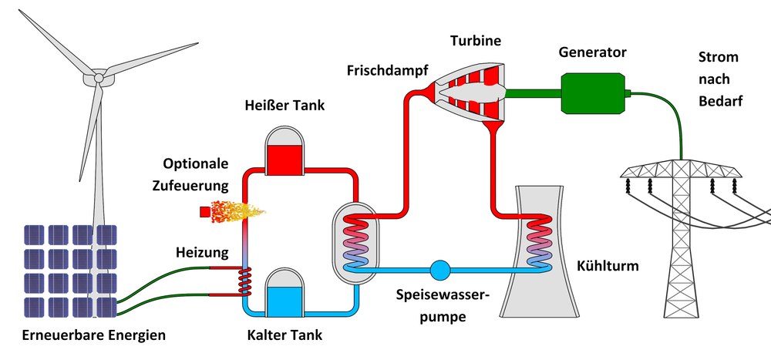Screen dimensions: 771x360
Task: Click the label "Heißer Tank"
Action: click(x=284, y=106)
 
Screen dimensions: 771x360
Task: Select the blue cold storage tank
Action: click(x=284, y=293)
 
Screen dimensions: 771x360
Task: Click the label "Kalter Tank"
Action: click(x=284, y=335)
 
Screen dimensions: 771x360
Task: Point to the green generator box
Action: click(x=594, y=93)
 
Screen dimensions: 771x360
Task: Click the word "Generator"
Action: click(x=592, y=52)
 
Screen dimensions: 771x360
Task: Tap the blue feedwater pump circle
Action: click(x=439, y=270)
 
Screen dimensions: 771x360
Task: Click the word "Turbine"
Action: click(x=476, y=41)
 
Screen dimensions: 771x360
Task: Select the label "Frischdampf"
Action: click(x=387, y=70)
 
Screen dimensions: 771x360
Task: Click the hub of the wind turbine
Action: click(x=99, y=78)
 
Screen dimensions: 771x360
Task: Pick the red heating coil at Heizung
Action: click(x=244, y=281)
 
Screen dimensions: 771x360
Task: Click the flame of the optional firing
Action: click(x=238, y=212)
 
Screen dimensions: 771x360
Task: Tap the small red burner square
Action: click(x=204, y=212)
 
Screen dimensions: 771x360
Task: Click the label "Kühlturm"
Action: click(x=608, y=267)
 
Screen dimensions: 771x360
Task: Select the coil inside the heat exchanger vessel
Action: click(x=356, y=243)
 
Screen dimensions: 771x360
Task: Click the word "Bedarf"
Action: click(x=720, y=102)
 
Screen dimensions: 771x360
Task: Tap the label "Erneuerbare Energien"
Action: click(x=94, y=336)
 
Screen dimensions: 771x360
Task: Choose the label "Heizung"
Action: click(x=202, y=253)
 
